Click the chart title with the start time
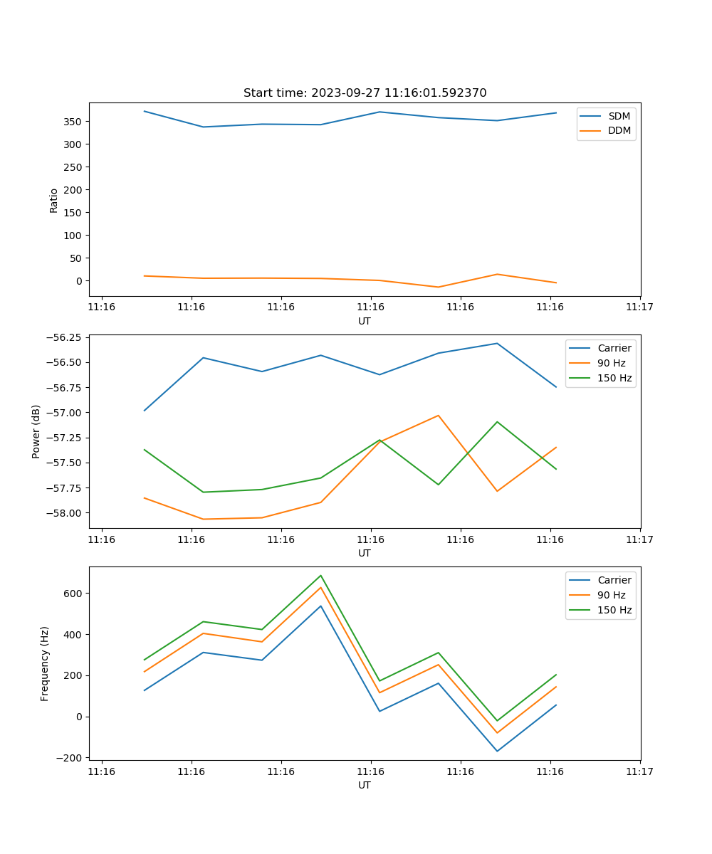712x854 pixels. pyautogui.click(x=365, y=93)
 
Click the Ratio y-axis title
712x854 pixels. pyautogui.click(x=54, y=200)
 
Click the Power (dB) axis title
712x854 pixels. pyautogui.click(x=36, y=431)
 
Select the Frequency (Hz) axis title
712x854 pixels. pyautogui.click(x=45, y=663)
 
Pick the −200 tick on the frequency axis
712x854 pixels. pyautogui.click(x=70, y=758)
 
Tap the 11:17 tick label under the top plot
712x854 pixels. pyautogui.click(x=639, y=307)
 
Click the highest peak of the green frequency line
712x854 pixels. pyautogui.click(x=320, y=575)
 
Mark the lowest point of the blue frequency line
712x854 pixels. pyautogui.click(x=497, y=751)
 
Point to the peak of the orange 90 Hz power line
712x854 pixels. pyautogui.click(x=438, y=415)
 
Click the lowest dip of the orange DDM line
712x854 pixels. pyautogui.click(x=438, y=287)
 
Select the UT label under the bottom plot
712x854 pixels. pyautogui.click(x=365, y=785)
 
